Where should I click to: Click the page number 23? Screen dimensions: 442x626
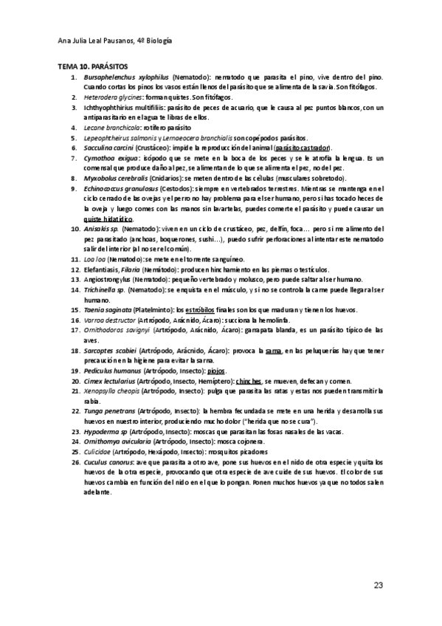(x=379, y=586)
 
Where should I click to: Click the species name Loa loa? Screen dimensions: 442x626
(x=94, y=259)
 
